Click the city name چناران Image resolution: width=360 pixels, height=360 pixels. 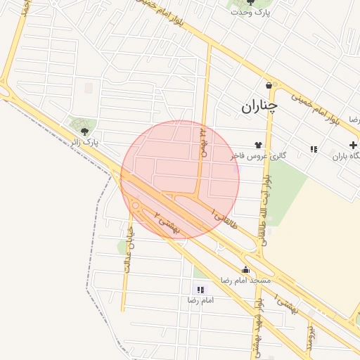coord(259,106)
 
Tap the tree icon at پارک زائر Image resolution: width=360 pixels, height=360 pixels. coord(85,131)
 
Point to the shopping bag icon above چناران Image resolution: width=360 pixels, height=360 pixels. coord(269,86)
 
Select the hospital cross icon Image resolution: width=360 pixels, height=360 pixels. coord(352,145)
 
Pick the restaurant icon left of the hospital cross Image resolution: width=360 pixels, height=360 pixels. coord(314,149)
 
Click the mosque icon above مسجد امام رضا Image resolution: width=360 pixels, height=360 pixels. coord(245,269)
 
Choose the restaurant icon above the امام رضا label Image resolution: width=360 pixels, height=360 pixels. coord(200,289)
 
